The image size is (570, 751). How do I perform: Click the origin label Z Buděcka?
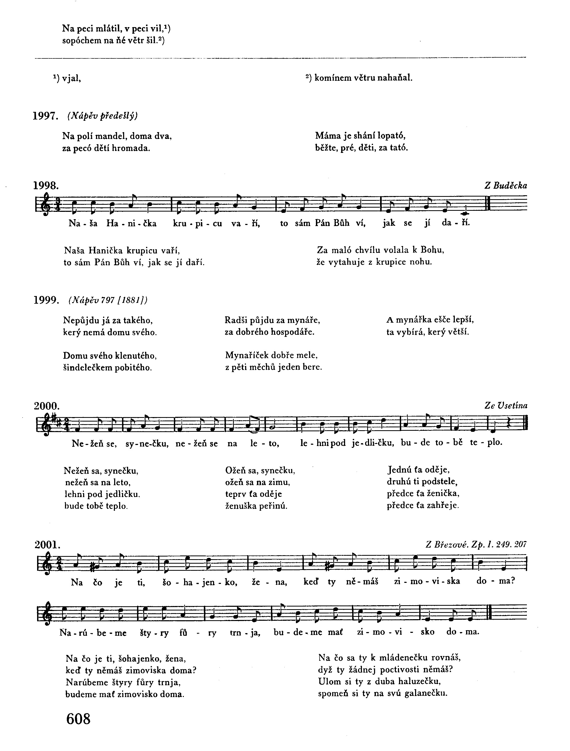[506, 186]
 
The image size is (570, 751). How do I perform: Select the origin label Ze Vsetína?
[506, 406]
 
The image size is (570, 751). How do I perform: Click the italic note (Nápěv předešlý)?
[103, 116]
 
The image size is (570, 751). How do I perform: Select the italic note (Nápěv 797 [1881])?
[108, 300]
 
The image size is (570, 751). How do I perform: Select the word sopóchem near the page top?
[82, 41]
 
